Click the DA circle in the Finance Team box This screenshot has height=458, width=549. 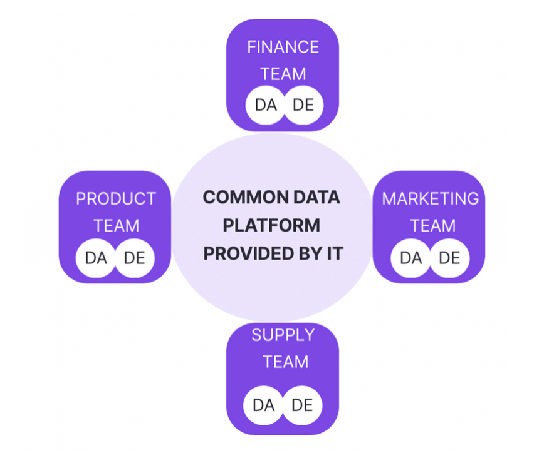(265, 105)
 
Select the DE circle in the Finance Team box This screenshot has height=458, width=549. (303, 105)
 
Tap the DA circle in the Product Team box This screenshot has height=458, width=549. (96, 258)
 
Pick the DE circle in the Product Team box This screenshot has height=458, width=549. (135, 258)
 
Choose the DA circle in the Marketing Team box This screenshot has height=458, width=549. (410, 258)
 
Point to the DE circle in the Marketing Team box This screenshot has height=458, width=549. (449, 258)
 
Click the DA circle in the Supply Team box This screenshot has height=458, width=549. (263, 405)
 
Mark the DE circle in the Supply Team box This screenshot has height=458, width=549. (302, 405)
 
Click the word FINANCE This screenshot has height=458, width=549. (283, 47)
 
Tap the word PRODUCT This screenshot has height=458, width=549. (116, 199)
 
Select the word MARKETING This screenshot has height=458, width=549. (431, 199)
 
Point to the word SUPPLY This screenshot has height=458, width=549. (283, 335)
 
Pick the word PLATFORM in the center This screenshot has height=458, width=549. (271, 225)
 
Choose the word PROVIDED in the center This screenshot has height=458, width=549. (249, 253)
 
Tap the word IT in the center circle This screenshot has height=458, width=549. (335, 253)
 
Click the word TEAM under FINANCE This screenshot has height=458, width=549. (283, 74)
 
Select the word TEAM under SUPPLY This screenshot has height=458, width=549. (286, 362)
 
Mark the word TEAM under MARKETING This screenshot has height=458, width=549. (433, 226)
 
